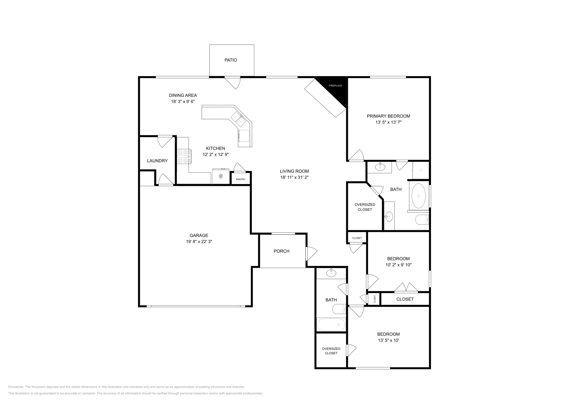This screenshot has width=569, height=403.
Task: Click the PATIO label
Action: [231, 60]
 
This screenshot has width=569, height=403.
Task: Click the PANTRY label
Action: [240, 179]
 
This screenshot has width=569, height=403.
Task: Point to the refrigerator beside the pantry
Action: [221, 176]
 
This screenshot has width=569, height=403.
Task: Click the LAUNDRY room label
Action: [157, 161]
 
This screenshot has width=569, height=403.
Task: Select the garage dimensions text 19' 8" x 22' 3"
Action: [199, 241]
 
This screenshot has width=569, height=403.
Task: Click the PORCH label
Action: [281, 251]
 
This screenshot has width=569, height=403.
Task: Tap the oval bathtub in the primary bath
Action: [418, 196]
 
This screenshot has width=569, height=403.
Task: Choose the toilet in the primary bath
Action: [422, 220]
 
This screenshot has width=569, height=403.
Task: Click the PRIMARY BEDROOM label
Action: [388, 116]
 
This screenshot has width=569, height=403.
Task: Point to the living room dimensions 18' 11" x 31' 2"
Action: [294, 178]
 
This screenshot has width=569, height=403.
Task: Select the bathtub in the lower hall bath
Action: [331, 325]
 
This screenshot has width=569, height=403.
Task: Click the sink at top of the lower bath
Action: [331, 273]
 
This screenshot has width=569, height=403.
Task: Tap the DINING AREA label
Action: [183, 95]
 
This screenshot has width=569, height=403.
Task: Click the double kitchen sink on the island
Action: [238, 120]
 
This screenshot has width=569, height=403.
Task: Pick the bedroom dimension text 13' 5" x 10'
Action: [388, 340]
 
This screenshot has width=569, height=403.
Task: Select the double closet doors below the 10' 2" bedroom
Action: [406, 287]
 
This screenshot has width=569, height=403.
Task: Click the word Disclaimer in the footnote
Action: [16, 387]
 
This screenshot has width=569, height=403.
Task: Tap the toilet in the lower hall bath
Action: [339, 309]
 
